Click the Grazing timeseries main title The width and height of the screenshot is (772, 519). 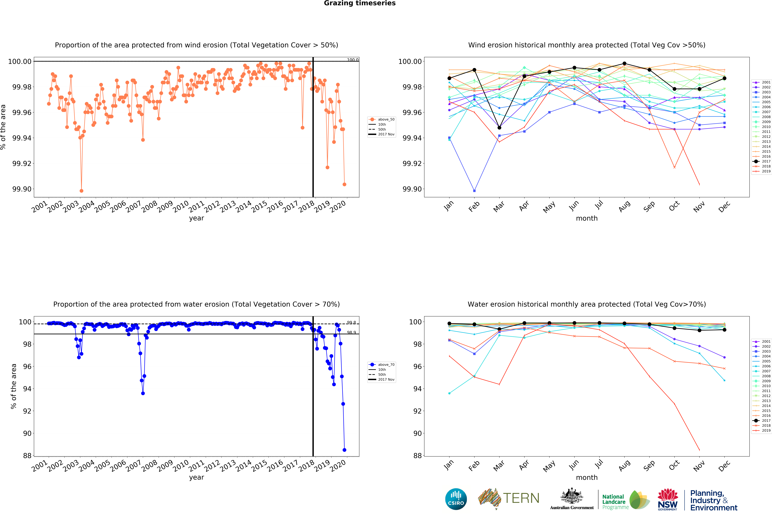[x=360, y=3]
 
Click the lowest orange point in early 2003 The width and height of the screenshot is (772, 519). [x=81, y=191]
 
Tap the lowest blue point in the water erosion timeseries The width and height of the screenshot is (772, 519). [x=344, y=450]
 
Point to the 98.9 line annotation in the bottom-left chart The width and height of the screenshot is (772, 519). [x=351, y=332]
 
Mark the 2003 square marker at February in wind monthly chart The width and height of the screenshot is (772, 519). [x=474, y=191]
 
